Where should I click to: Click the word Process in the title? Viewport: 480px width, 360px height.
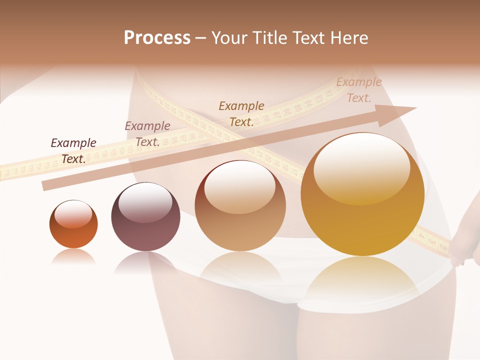[x=157, y=38]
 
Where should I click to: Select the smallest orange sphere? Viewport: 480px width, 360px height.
[x=73, y=224]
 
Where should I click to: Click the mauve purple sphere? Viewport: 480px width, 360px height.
[x=145, y=216]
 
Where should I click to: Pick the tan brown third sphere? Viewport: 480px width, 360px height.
[x=240, y=205]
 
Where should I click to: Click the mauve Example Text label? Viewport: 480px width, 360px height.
[x=147, y=134]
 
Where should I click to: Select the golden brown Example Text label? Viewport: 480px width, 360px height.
[x=241, y=114]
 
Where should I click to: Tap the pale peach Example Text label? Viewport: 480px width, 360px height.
[x=359, y=90]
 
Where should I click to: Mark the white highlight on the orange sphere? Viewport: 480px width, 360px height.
[x=73, y=213]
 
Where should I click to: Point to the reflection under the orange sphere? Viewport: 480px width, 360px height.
[x=73, y=256]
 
